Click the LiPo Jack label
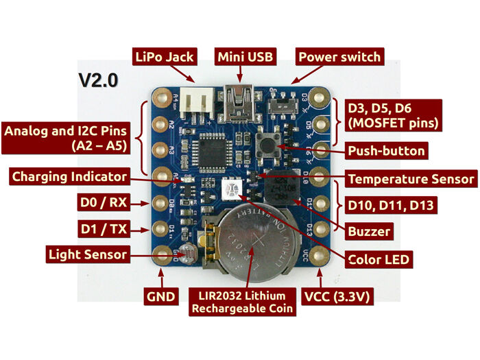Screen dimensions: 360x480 [x=165, y=56]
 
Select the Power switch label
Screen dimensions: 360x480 [x=339, y=56]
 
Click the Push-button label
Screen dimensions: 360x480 [x=387, y=150]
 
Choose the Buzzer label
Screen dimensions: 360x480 [x=369, y=231]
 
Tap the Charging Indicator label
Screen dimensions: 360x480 [x=69, y=177]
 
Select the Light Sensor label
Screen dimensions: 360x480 [x=88, y=254]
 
